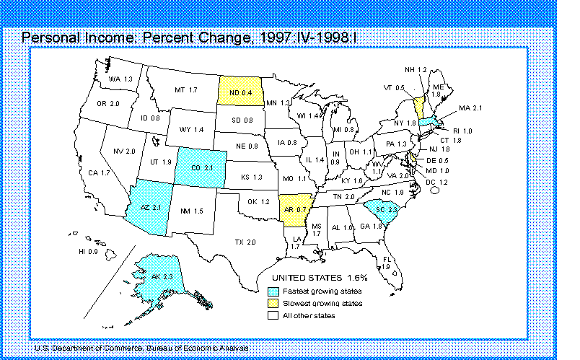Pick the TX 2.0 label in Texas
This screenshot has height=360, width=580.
point(246,242)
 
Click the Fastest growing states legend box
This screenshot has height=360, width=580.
point(273,291)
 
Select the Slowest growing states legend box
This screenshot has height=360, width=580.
point(273,303)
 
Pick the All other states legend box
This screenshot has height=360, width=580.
point(273,315)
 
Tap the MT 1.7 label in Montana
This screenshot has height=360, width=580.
point(186,90)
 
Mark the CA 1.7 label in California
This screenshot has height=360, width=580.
point(100,173)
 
